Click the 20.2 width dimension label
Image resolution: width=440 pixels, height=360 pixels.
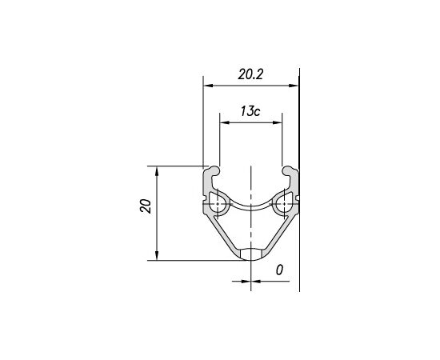250,74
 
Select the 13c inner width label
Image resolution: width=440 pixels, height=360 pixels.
250,111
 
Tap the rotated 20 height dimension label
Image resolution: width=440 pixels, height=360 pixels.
146,206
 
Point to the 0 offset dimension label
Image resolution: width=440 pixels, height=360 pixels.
279,270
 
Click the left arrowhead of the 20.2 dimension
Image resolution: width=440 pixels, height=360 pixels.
208,86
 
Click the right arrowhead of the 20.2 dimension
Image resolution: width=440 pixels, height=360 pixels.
294,86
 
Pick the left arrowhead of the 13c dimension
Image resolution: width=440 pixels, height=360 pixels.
225,122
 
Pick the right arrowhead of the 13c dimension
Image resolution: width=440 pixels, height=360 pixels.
277,122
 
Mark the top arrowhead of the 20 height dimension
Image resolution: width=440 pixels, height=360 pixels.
157,171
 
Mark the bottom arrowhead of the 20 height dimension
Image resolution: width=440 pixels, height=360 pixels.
157,255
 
